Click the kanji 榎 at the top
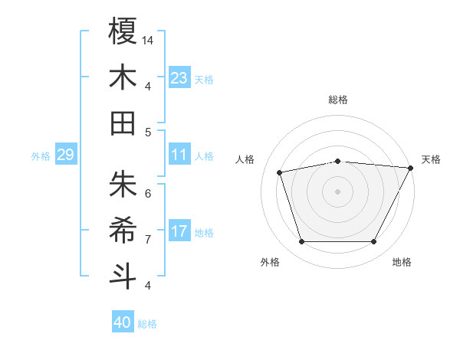click(x=123, y=31)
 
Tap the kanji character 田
click(x=123, y=123)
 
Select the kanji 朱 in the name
click(x=123, y=184)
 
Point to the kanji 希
click(x=123, y=230)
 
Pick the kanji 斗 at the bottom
click(x=123, y=276)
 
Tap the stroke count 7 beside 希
click(x=148, y=239)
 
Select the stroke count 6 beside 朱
click(x=148, y=193)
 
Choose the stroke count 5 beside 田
click(x=148, y=132)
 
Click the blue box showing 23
click(x=179, y=77)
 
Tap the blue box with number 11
click(x=179, y=155)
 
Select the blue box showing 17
click(x=179, y=231)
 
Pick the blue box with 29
click(x=65, y=155)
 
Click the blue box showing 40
click(x=123, y=322)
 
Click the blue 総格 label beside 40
click(x=148, y=324)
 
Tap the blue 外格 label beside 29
click(x=41, y=156)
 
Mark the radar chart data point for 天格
click(x=412, y=168)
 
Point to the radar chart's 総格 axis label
click(x=338, y=100)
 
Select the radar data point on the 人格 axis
click(x=280, y=172)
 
